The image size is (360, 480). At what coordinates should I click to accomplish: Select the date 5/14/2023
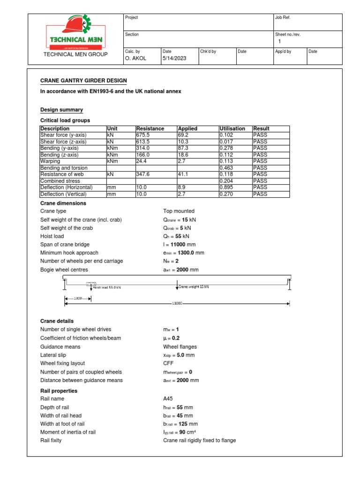(174, 59)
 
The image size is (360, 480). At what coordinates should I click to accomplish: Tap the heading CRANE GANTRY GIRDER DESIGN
(83, 81)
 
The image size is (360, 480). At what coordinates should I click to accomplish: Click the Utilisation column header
(232, 128)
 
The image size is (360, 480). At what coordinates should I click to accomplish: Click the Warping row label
(50, 161)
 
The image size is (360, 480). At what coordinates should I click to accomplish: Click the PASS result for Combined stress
(260, 181)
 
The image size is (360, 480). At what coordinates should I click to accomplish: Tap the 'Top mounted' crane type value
(179, 211)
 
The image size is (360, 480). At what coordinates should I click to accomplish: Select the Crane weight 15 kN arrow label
(194, 286)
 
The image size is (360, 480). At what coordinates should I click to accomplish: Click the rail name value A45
(168, 399)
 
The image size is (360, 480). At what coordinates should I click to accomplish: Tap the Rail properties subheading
(59, 391)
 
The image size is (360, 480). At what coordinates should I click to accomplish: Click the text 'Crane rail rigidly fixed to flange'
(199, 441)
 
